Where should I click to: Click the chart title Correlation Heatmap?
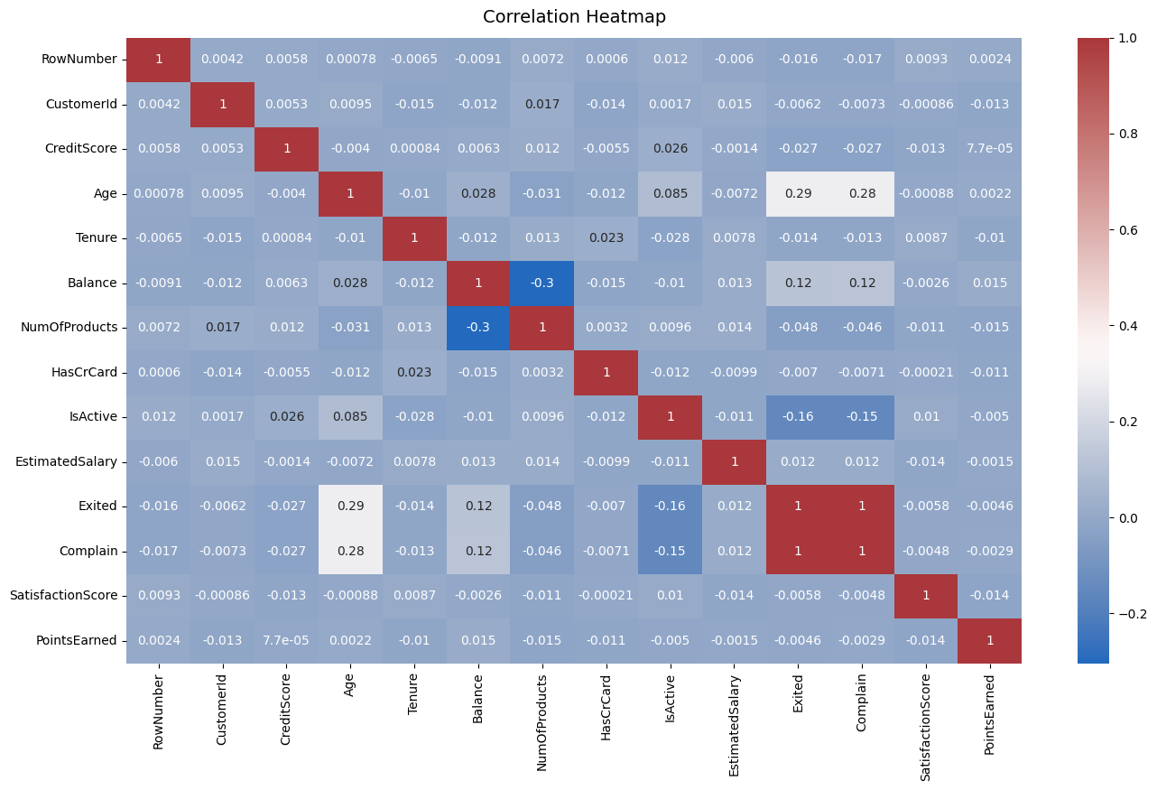pyautogui.click(x=574, y=17)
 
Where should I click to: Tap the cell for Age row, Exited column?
pyautogui.click(x=798, y=193)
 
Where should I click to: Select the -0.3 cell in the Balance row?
pyautogui.click(x=542, y=283)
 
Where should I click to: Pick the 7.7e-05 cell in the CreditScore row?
pyautogui.click(x=989, y=148)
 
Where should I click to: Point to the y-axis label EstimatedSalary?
pyautogui.click(x=66, y=461)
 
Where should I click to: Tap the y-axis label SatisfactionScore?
pyautogui.click(x=63, y=596)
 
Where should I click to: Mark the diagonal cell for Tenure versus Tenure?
pyautogui.click(x=414, y=238)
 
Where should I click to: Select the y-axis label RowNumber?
pyautogui.click(x=79, y=60)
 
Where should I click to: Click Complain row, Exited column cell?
pyautogui.click(x=798, y=551)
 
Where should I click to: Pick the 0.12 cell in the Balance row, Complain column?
pyautogui.click(x=862, y=283)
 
